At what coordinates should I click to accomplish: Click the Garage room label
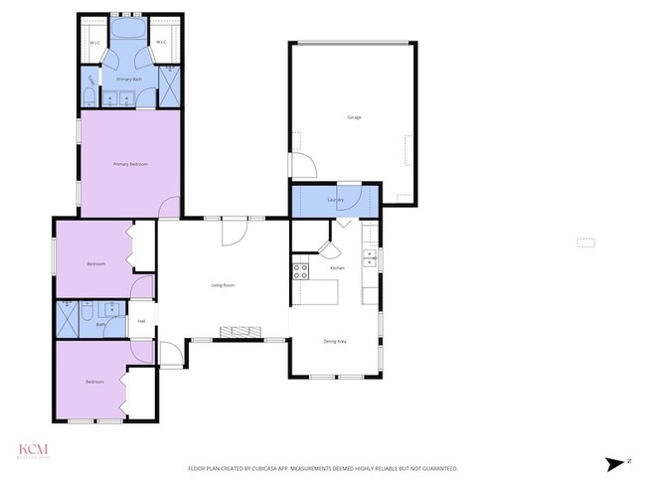pos(353,117)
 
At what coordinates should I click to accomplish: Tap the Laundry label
pos(336,200)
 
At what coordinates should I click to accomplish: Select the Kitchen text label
pos(337,268)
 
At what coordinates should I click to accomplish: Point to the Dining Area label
pos(335,342)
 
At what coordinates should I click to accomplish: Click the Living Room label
pos(223,285)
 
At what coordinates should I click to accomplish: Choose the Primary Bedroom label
pos(130,163)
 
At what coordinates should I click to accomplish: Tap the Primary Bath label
pos(129,79)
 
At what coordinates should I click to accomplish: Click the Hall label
pos(142,321)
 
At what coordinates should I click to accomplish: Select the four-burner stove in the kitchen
pos(300,270)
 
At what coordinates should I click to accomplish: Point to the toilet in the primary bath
pos(89,98)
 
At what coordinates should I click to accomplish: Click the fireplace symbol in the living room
pos(239,332)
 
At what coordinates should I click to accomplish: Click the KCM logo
pos(33,449)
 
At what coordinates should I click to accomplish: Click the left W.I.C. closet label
pos(94,42)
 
